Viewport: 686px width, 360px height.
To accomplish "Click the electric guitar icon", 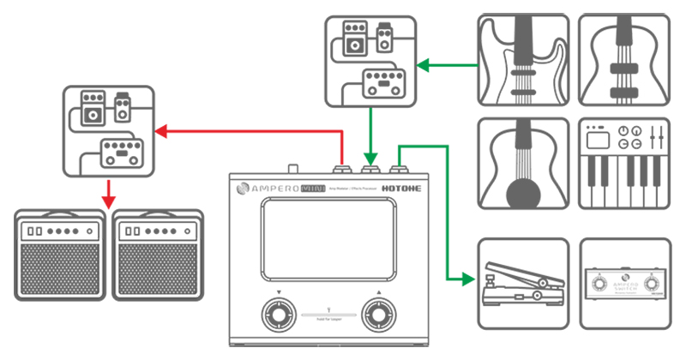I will [522, 58].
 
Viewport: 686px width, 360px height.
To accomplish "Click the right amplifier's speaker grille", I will [157, 269].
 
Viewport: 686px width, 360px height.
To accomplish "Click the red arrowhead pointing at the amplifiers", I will [107, 201].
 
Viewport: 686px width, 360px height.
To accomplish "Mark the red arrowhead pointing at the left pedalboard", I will [159, 131].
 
